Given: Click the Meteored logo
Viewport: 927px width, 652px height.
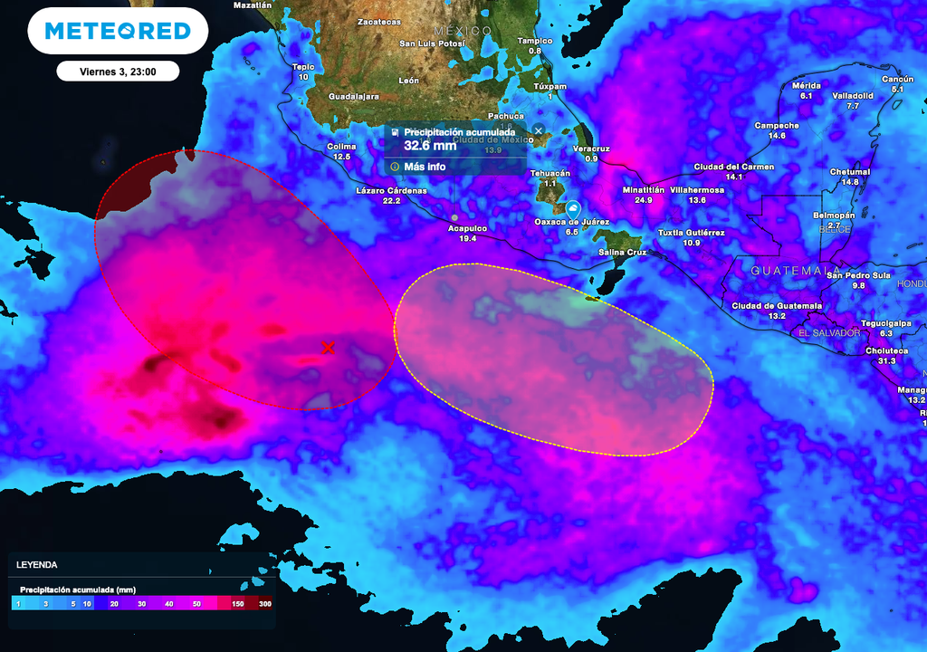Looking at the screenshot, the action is (118, 31).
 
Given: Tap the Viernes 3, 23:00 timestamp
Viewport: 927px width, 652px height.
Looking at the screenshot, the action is (118, 72).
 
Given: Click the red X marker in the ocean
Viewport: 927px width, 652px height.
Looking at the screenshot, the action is (328, 348).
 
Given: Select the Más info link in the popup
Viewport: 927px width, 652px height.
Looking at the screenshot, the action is (425, 167).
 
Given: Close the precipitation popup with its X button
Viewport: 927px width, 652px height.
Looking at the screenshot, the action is (538, 131).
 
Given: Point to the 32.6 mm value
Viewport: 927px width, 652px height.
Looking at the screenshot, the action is (430, 145).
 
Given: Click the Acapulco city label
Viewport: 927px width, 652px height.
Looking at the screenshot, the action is (467, 228).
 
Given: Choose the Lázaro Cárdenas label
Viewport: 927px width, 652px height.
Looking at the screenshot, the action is (391, 191).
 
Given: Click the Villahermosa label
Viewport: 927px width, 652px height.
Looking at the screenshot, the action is (696, 190).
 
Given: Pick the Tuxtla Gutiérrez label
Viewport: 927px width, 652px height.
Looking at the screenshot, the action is (691, 233).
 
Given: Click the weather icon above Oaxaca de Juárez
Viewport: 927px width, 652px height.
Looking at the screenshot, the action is (572, 206).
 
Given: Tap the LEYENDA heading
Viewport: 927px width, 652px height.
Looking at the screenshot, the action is (37, 564).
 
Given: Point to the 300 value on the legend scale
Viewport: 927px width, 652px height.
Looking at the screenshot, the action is (265, 602).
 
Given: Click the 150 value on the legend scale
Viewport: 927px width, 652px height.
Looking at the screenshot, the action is (238, 602).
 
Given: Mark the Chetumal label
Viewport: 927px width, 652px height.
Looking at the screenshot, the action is (849, 172).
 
